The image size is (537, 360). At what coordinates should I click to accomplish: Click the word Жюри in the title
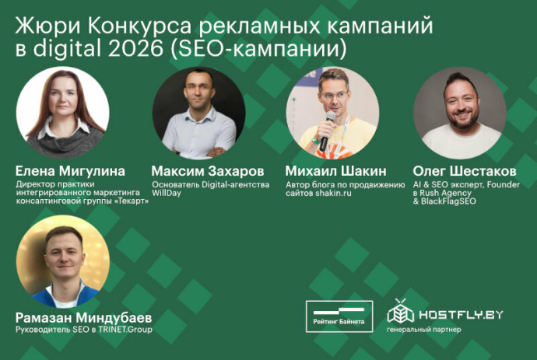coord(45,25)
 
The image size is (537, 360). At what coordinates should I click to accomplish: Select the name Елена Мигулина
coord(69,170)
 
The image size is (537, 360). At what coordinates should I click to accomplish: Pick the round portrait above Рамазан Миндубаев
coord(62,261)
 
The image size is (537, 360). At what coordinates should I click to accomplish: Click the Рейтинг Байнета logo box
coord(339,316)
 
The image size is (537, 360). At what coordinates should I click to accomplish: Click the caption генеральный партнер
coord(423,329)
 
